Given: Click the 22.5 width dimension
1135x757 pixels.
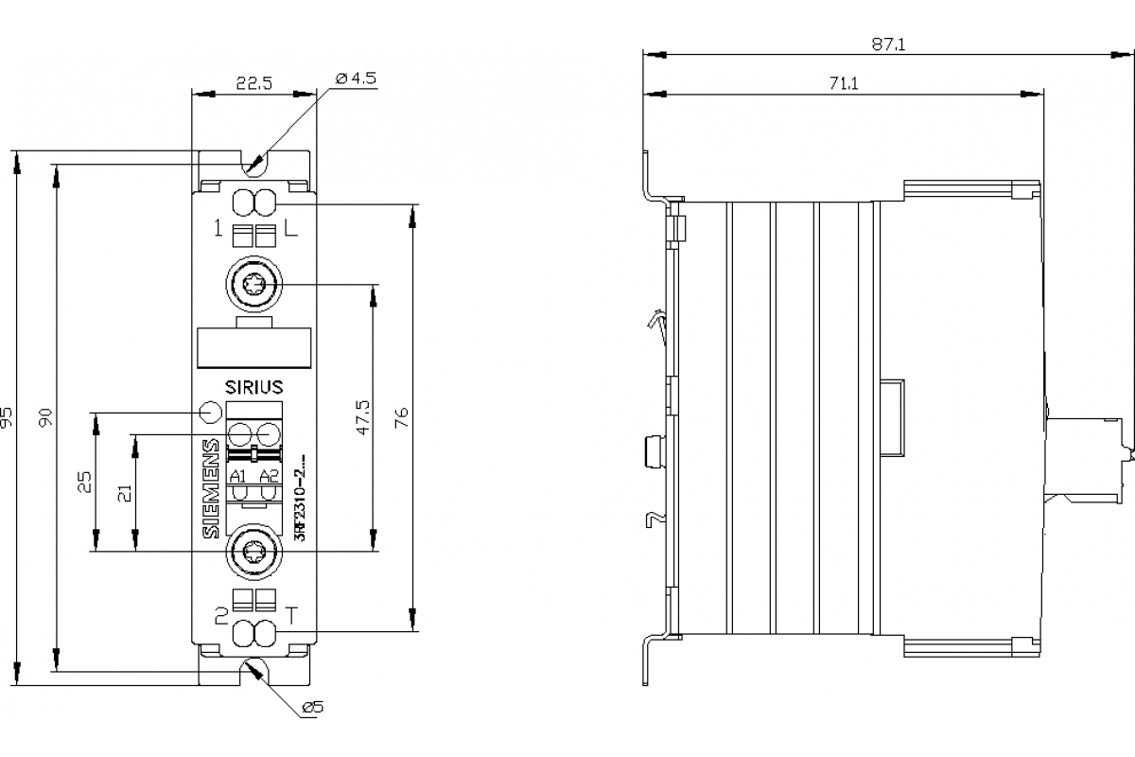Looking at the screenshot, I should coord(253,83).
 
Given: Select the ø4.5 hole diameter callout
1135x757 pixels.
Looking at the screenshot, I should coord(356,79).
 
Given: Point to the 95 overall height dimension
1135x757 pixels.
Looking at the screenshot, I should coord(8,417).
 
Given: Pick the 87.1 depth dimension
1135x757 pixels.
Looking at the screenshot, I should coord(888,44).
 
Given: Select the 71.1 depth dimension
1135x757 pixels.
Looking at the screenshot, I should coord(843,83).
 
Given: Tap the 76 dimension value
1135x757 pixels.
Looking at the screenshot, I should coord(402,417).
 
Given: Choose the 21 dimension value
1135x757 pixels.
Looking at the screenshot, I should coord(125,491).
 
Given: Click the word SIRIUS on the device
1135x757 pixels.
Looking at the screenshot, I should coord(253,386).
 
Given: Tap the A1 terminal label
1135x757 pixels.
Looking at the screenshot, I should coord(238,475).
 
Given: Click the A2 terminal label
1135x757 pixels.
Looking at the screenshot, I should coord(269,475).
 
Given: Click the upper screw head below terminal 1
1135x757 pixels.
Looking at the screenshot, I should coord(253,284).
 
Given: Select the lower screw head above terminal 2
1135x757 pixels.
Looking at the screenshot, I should coord(253,551).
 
